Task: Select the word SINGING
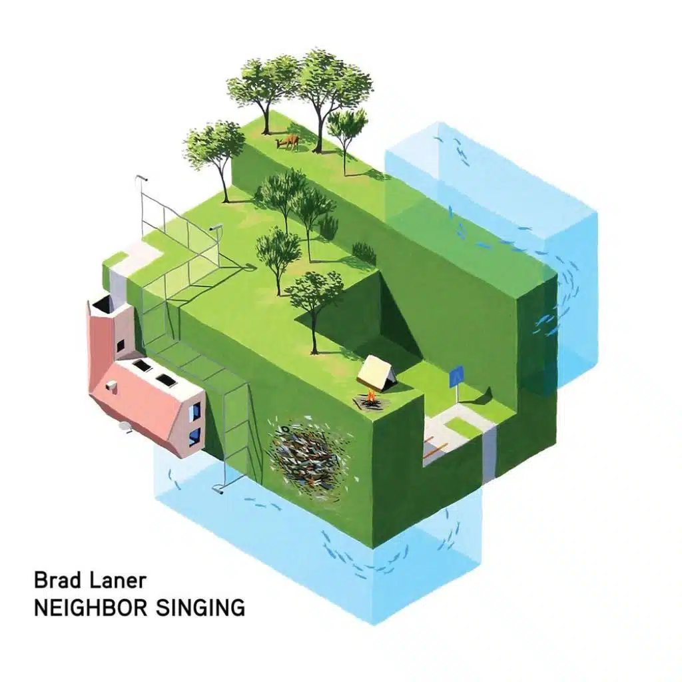(200, 607)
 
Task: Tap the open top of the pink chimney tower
(103, 305)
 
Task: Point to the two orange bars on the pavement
(435, 448)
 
